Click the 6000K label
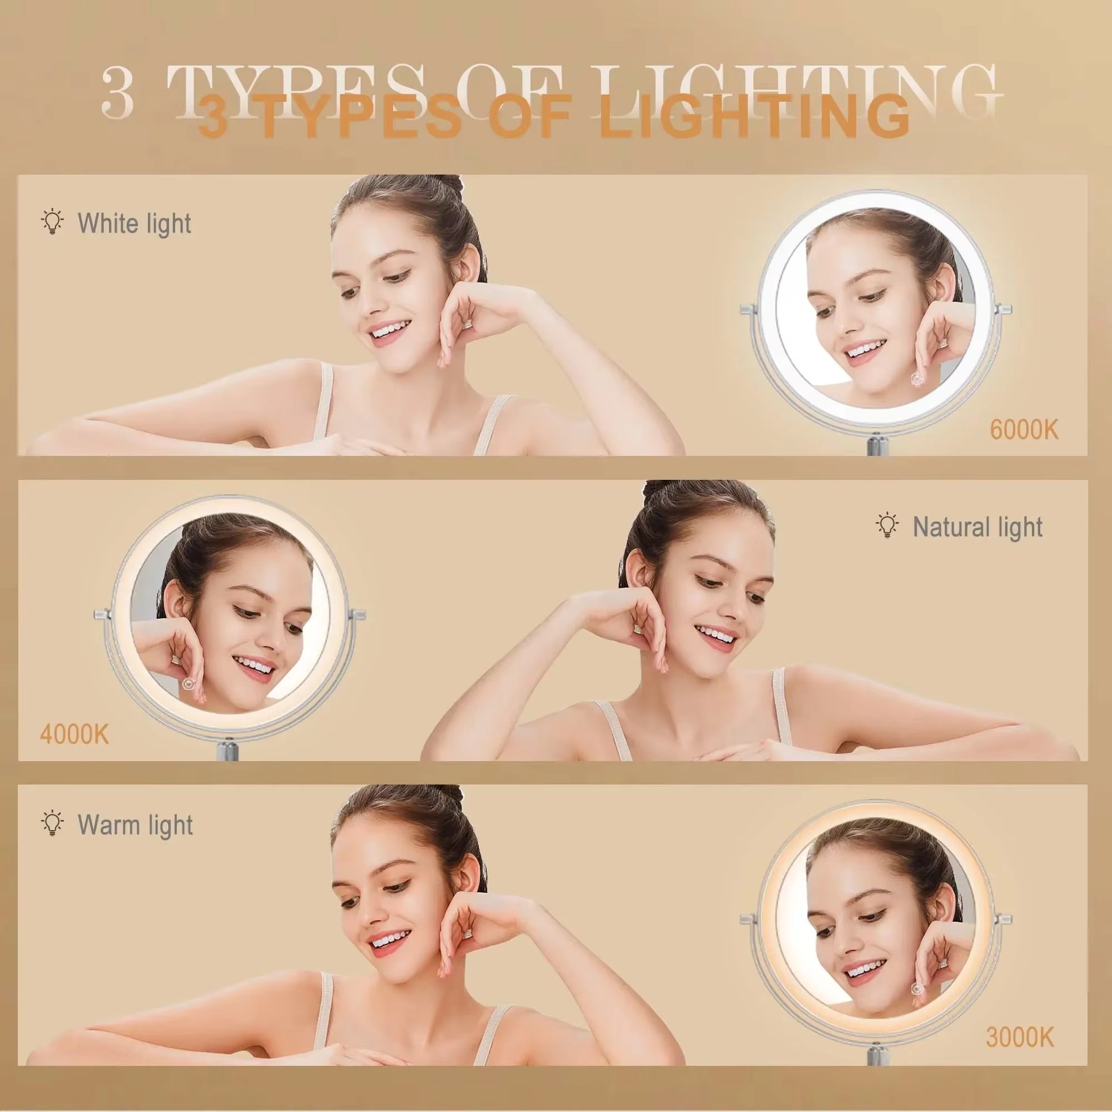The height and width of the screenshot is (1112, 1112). (x=1024, y=430)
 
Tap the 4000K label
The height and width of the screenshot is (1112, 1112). (x=75, y=735)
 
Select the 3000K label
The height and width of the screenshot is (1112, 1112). (x=1020, y=1037)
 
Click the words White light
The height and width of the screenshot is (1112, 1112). (x=134, y=224)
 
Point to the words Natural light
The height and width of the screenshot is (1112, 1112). (x=977, y=527)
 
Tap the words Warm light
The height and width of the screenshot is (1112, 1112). (x=135, y=825)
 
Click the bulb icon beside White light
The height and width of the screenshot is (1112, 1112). (x=52, y=222)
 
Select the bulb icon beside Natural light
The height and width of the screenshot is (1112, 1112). (x=887, y=525)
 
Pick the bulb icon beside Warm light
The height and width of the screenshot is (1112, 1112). (x=52, y=823)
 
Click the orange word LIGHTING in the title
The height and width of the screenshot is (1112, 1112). (x=754, y=118)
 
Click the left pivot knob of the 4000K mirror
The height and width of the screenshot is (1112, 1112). (x=101, y=615)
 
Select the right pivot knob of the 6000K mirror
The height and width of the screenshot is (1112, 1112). (x=1005, y=310)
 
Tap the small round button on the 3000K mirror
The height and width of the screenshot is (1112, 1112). (x=917, y=988)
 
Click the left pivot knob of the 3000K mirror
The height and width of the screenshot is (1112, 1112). (x=748, y=919)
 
